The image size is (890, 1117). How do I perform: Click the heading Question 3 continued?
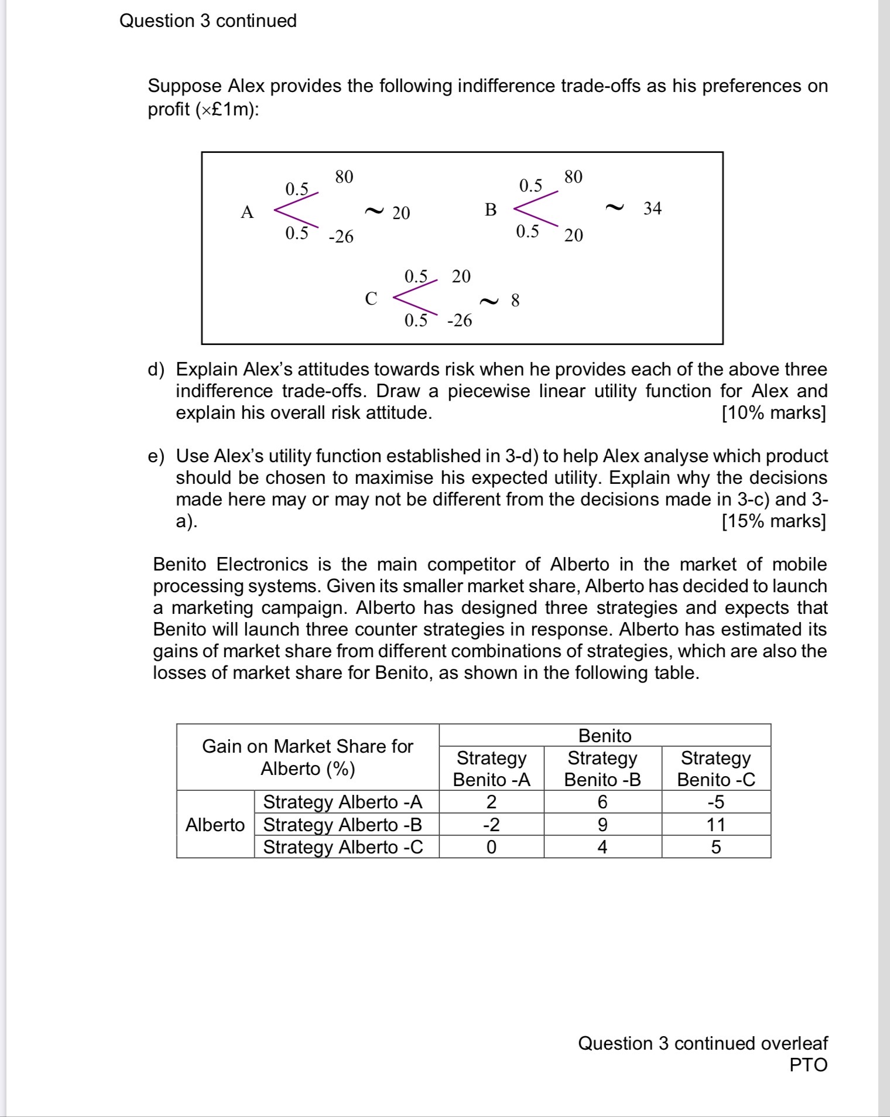pyautogui.click(x=208, y=21)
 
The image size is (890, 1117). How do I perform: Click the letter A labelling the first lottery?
pyautogui.click(x=247, y=212)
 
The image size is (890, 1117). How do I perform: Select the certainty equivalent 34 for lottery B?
pyautogui.click(x=652, y=209)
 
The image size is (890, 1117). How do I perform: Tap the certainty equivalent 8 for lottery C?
pyautogui.click(x=515, y=300)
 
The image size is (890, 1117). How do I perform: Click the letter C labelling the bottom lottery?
pyautogui.click(x=371, y=299)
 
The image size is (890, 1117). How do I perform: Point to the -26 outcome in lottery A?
pyautogui.click(x=341, y=237)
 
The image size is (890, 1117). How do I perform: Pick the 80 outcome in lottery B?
pyautogui.click(x=573, y=177)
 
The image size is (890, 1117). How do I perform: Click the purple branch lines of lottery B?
pyautogui.click(x=534, y=208)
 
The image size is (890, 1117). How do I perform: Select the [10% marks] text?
pyautogui.click(x=773, y=413)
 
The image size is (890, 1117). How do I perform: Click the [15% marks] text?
pyautogui.click(x=773, y=521)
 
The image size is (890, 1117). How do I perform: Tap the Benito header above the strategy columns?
pyautogui.click(x=605, y=736)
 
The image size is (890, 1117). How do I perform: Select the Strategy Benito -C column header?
pyautogui.click(x=716, y=768)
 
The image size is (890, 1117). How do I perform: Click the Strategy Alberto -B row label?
pyautogui.click(x=343, y=825)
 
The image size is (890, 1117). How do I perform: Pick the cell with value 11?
pyautogui.click(x=716, y=825)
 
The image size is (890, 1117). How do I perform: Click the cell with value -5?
pyautogui.click(x=716, y=802)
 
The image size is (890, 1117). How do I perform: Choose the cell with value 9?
pyautogui.click(x=603, y=825)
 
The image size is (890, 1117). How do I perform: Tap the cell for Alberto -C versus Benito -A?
pyautogui.click(x=491, y=847)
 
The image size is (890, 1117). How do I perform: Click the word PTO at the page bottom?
pyautogui.click(x=808, y=1065)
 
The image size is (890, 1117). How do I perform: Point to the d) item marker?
pyautogui.click(x=156, y=370)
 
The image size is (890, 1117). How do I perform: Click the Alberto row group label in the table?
pyautogui.click(x=215, y=825)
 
